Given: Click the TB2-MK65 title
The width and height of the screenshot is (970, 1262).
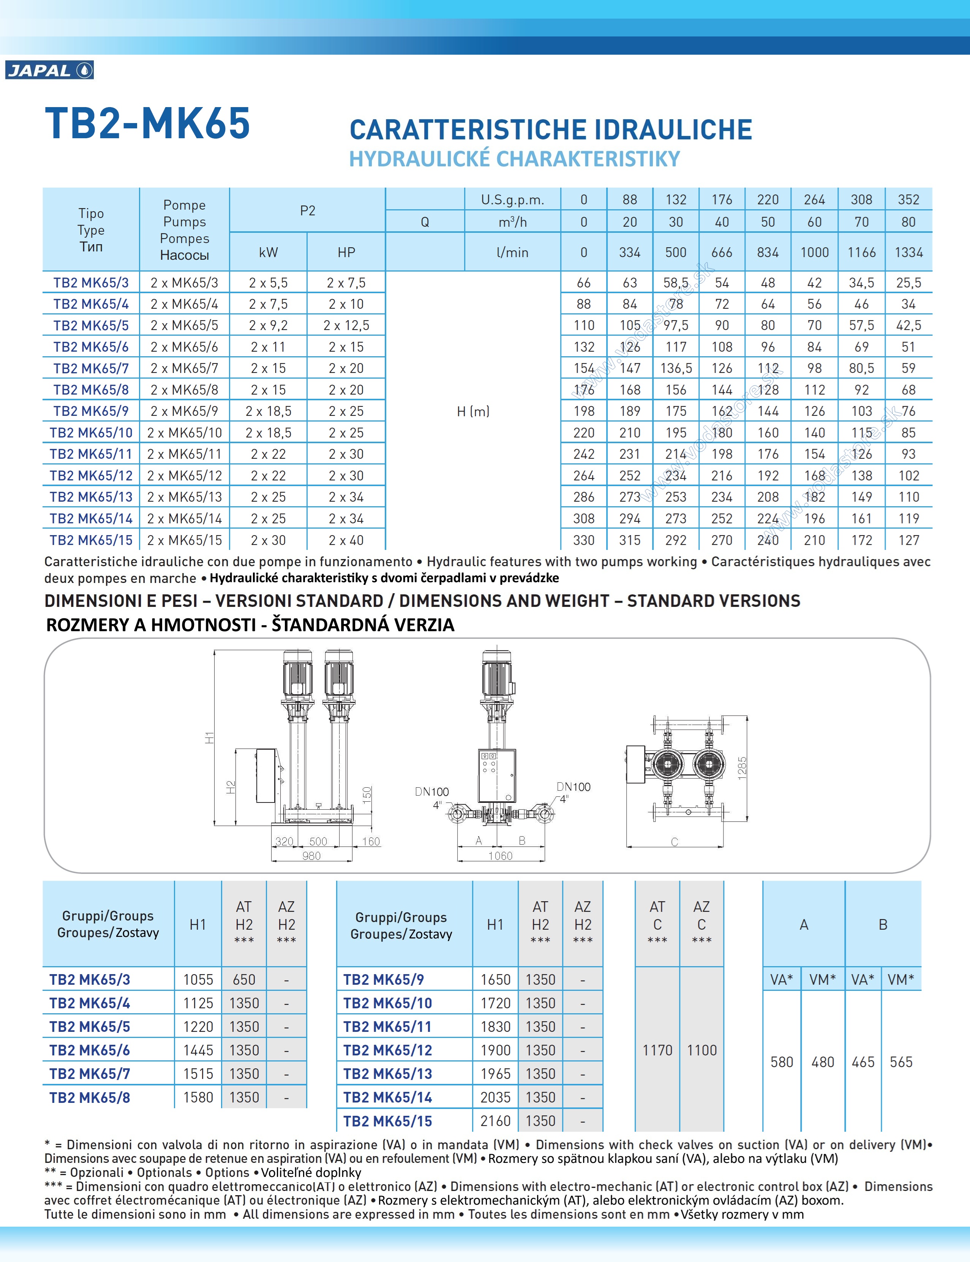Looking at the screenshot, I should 148,123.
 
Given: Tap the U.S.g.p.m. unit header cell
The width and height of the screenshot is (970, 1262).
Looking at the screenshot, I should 512,200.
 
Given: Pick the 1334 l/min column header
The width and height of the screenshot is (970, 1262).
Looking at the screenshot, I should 908,252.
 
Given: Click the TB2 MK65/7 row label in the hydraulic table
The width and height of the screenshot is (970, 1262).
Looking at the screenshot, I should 91,368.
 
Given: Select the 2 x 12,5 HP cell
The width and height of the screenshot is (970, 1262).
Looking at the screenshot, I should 346,325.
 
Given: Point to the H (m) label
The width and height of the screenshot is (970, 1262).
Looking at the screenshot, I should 473,411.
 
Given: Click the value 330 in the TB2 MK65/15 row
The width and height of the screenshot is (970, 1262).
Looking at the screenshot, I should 584,540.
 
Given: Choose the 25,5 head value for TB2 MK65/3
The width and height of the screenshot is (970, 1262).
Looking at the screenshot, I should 908,283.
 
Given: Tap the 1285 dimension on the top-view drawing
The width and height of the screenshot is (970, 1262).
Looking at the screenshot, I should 743,768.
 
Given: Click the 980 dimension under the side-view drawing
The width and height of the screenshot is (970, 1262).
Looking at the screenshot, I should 311,856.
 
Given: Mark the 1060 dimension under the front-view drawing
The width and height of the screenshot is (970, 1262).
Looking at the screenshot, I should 500,856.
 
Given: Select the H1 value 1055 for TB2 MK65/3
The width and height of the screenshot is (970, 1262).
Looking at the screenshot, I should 198,980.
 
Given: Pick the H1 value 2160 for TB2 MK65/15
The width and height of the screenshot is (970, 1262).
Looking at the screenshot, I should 495,1121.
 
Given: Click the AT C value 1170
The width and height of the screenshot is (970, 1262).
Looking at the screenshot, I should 657,1050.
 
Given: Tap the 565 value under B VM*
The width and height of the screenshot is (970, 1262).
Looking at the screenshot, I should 901,1062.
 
